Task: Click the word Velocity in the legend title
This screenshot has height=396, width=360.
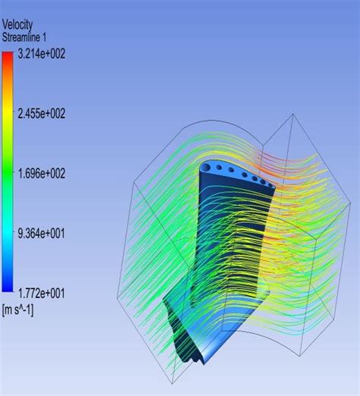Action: [17, 25]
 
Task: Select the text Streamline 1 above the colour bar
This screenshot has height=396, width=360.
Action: [24, 37]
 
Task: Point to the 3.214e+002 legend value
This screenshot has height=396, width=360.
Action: [42, 54]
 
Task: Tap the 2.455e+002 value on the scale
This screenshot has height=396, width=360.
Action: [42, 113]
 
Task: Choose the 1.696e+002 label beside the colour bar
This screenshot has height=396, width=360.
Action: [42, 173]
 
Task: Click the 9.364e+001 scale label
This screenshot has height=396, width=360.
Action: [41, 233]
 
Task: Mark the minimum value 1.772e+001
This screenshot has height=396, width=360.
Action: [41, 294]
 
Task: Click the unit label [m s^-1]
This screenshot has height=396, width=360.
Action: [17, 310]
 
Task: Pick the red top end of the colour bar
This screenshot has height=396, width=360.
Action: [8, 55]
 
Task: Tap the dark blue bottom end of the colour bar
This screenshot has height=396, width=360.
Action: [8, 288]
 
